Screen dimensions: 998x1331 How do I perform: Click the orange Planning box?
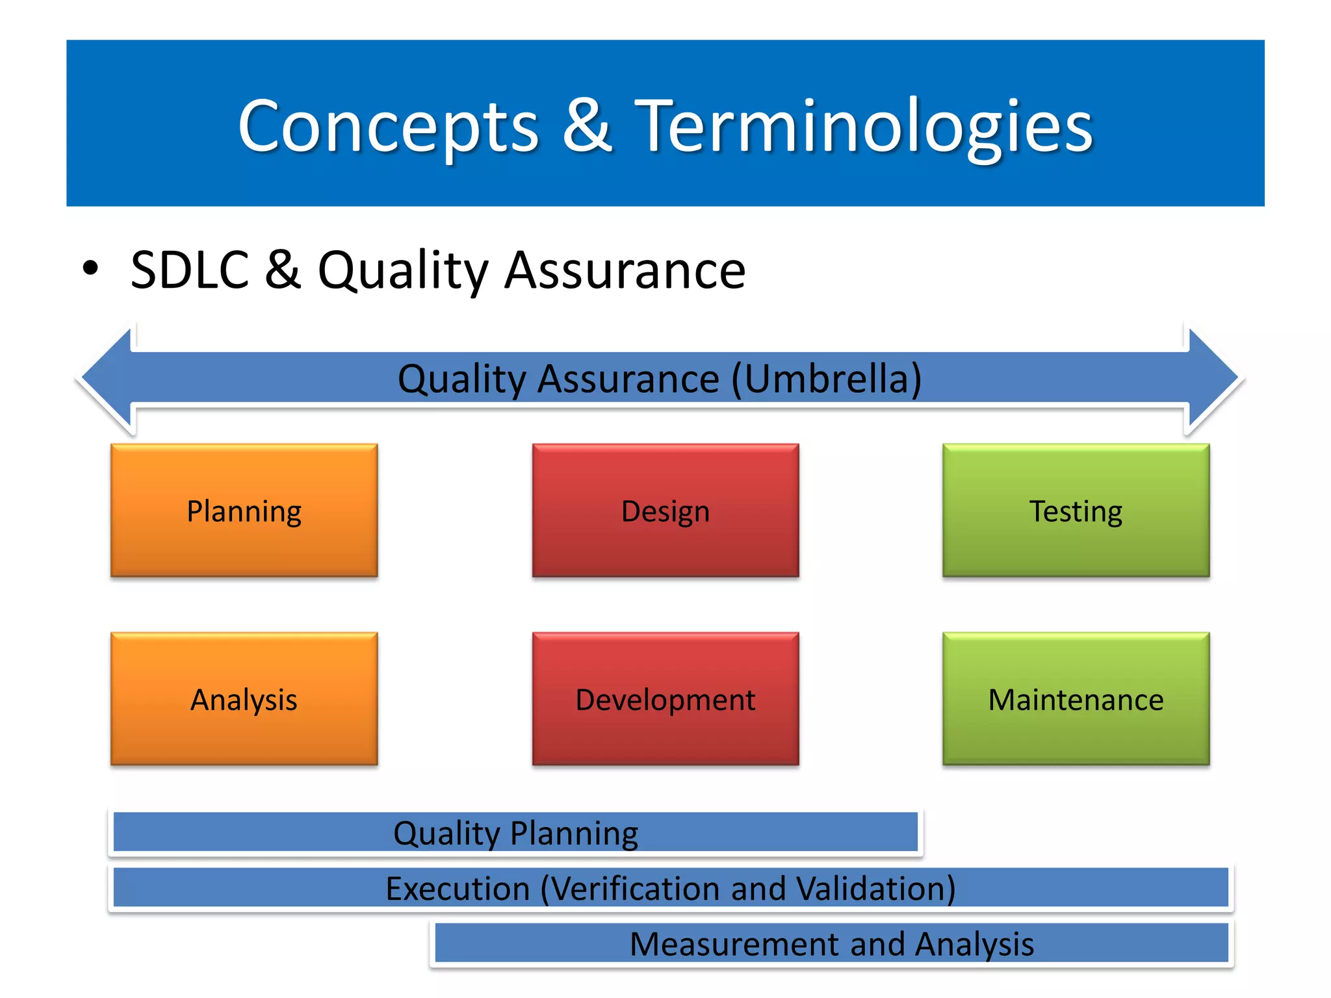[244, 511]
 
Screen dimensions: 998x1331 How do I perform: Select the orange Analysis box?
[244, 699]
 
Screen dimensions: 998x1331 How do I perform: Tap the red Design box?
[665, 511]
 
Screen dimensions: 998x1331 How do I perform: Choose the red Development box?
[665, 699]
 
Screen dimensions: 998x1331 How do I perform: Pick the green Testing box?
[1076, 511]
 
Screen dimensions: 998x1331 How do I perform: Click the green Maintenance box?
[1076, 699]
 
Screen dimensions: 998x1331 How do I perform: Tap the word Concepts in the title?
[388, 127]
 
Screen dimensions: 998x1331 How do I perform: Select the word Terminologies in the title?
[863, 127]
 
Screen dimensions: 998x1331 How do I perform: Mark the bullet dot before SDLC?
[90, 268]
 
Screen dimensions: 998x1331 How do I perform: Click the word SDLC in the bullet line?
[190, 270]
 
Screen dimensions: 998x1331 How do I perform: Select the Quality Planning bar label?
[515, 833]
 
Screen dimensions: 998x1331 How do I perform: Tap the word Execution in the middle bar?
[458, 889]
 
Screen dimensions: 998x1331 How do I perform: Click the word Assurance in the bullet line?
[625, 270]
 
